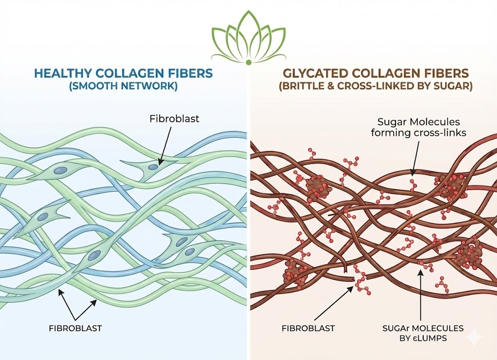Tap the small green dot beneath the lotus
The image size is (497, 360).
(248, 63)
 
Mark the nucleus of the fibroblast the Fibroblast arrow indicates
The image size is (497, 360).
(153, 167)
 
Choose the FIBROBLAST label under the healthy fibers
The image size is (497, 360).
(76, 328)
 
